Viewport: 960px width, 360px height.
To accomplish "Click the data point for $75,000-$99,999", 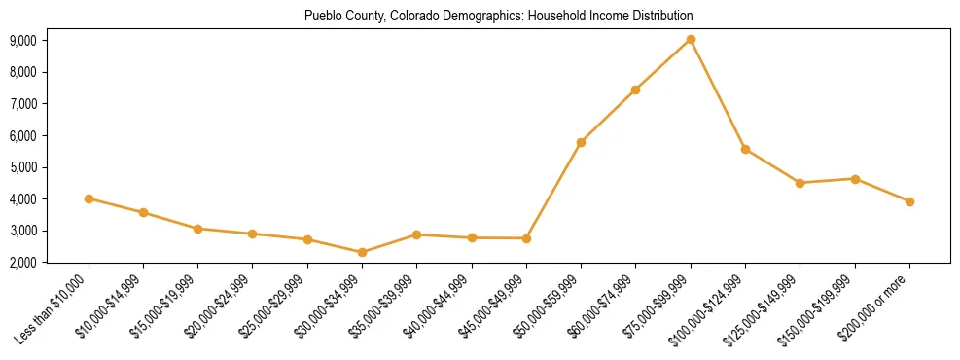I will click(691, 40).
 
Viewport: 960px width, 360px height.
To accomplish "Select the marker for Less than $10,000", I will click(89, 198).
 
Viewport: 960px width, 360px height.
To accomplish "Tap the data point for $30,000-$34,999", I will click(362, 252).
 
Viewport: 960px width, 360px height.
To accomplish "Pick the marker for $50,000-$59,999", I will click(581, 142).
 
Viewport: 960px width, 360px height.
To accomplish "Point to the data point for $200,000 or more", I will click(909, 201).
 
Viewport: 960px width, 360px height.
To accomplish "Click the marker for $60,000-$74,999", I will click(635, 90).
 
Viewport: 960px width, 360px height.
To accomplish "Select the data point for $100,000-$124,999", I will click(745, 149).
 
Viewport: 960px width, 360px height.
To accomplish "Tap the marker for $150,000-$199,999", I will click(855, 179).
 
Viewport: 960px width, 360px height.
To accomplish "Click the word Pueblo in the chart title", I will click(321, 17).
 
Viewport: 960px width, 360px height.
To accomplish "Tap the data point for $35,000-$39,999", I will click(416, 234).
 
